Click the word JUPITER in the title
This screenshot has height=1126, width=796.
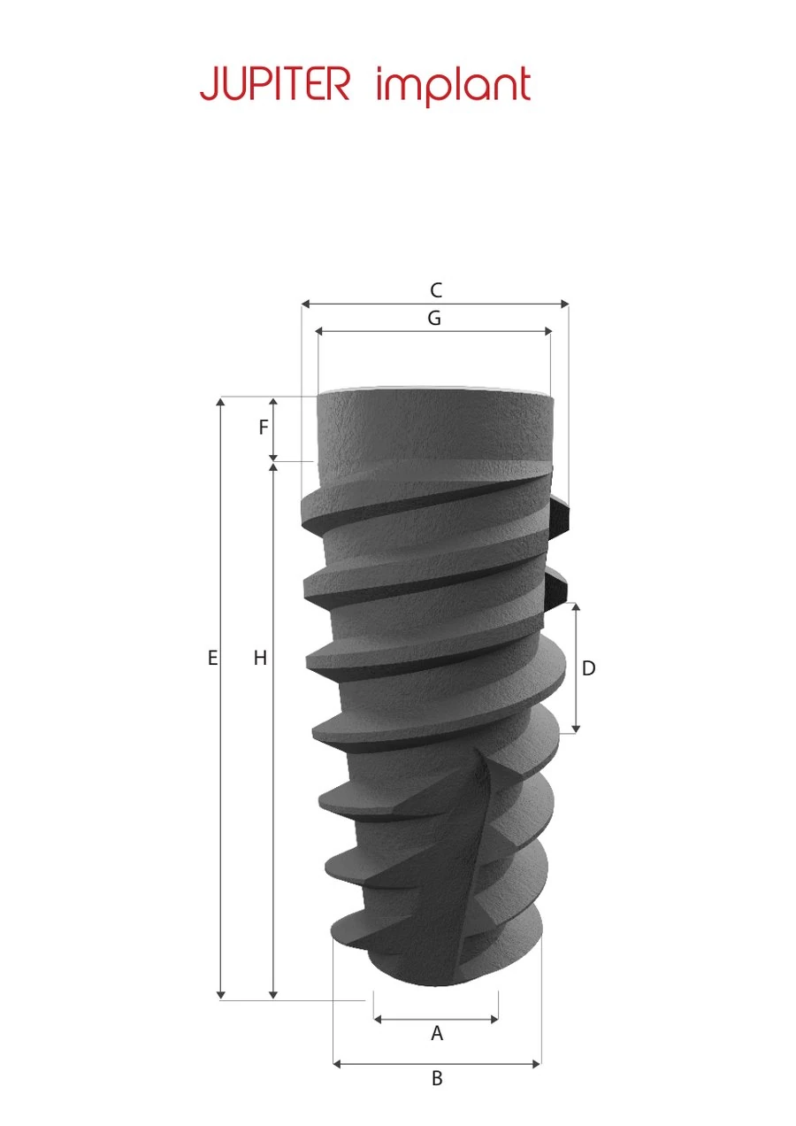pyautogui.click(x=275, y=83)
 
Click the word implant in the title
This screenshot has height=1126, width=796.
pyautogui.click(x=454, y=86)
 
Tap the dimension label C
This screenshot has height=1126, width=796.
pyautogui.click(x=436, y=290)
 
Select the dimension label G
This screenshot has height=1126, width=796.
pyautogui.click(x=434, y=318)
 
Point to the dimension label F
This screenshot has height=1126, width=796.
pyautogui.click(x=264, y=428)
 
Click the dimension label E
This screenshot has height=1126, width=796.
pyautogui.click(x=212, y=658)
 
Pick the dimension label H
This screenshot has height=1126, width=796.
pyautogui.click(x=260, y=658)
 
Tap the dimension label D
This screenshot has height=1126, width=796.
pyautogui.click(x=588, y=668)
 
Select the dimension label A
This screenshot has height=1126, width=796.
pyautogui.click(x=437, y=1034)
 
